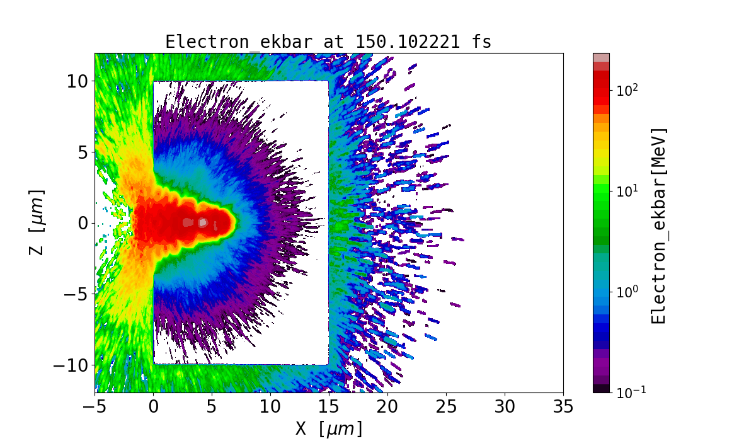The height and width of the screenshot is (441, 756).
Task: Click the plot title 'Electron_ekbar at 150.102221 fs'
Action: (328, 42)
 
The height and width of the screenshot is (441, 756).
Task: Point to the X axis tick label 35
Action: (563, 407)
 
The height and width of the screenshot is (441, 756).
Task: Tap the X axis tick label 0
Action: (153, 407)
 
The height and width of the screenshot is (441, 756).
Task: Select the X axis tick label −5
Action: (94, 407)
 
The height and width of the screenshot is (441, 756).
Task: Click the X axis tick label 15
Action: (329, 407)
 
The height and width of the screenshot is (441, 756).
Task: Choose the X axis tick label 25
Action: (446, 407)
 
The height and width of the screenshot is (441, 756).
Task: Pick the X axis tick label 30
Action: (505, 407)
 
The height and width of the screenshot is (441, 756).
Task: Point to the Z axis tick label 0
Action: (83, 223)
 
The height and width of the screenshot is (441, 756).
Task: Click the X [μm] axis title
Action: (329, 429)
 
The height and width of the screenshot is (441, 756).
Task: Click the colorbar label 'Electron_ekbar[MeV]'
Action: (658, 226)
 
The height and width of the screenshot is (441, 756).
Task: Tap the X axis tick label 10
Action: (270, 407)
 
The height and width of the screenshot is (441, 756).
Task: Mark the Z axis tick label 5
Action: (83, 152)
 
